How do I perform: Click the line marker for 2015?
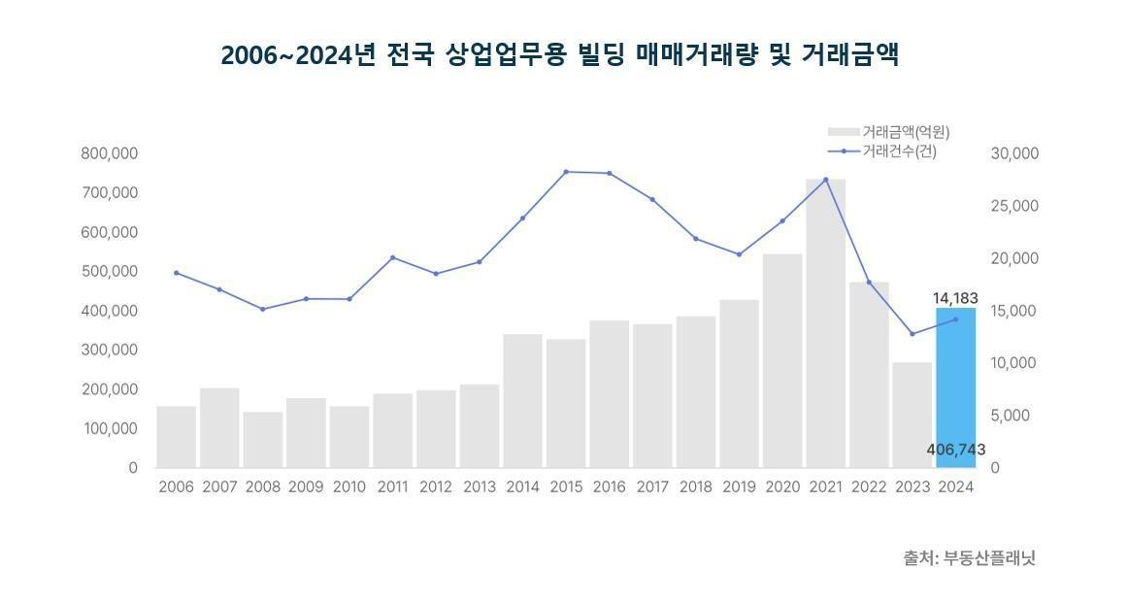tap(566, 172)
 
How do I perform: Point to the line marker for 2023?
tap(912, 334)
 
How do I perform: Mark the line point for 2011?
tap(392, 257)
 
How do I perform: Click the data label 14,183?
tap(955, 298)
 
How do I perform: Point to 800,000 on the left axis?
tap(110, 153)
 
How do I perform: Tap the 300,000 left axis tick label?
tap(110, 350)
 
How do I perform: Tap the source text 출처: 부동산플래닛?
tap(970, 558)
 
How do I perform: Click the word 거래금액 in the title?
tap(849, 55)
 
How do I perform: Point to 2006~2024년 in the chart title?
tap(297, 55)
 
